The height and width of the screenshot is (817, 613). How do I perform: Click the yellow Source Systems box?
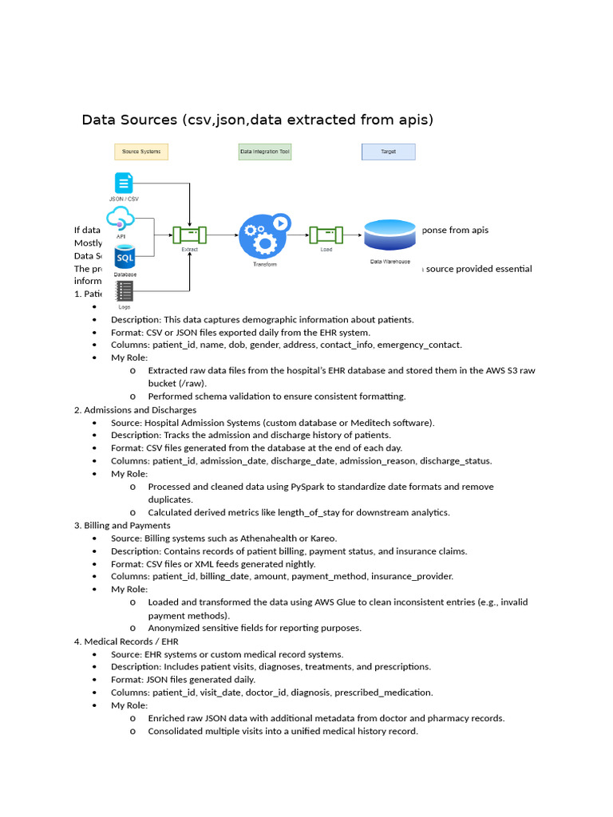[x=141, y=151]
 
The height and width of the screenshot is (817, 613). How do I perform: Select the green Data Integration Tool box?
[x=265, y=151]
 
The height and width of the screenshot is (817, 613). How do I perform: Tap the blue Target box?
[x=389, y=151]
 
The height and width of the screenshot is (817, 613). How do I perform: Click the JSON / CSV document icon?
[x=124, y=183]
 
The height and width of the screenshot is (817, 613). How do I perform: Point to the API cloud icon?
[x=121, y=218]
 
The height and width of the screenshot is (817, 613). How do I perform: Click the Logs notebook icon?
[x=124, y=290]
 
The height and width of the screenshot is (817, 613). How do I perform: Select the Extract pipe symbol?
[x=190, y=235]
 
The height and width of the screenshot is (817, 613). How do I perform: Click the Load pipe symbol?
[x=326, y=235]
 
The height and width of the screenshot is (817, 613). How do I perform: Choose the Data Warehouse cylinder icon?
[x=390, y=236]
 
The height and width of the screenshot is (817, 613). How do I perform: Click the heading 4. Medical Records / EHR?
[x=126, y=641]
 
